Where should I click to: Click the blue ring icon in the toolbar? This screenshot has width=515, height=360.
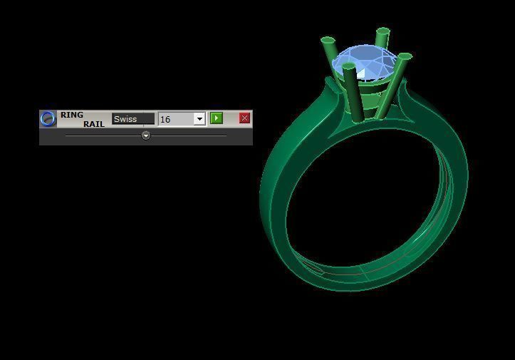click(48, 118)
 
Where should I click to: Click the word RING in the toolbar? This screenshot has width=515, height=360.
click(71, 115)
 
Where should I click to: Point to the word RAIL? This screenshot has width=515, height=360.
click(93, 124)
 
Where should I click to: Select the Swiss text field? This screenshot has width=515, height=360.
click(132, 119)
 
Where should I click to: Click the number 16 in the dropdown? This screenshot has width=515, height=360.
click(166, 119)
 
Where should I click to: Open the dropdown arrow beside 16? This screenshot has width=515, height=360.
click(199, 119)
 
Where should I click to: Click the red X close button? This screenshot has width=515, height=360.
click(244, 118)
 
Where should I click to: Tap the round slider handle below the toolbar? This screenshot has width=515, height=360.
click(146, 135)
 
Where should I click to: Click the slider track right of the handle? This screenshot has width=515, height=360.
click(189, 135)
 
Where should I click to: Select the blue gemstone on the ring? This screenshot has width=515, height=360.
click(363, 66)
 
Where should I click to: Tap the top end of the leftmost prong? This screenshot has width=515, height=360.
click(328, 41)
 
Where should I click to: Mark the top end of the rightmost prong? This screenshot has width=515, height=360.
click(405, 57)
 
